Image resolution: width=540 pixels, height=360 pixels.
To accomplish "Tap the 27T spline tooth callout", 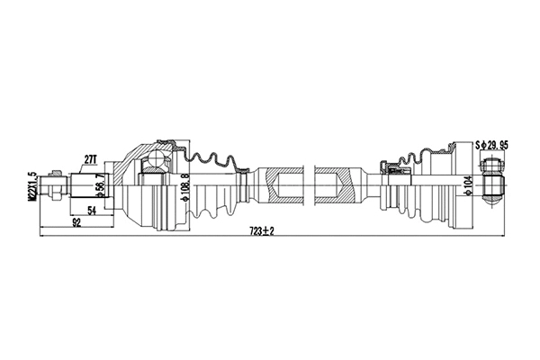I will point(90,159).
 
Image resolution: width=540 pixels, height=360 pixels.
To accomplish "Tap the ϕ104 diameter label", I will point(465,187).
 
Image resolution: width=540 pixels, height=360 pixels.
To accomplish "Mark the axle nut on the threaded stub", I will point(56,188).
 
